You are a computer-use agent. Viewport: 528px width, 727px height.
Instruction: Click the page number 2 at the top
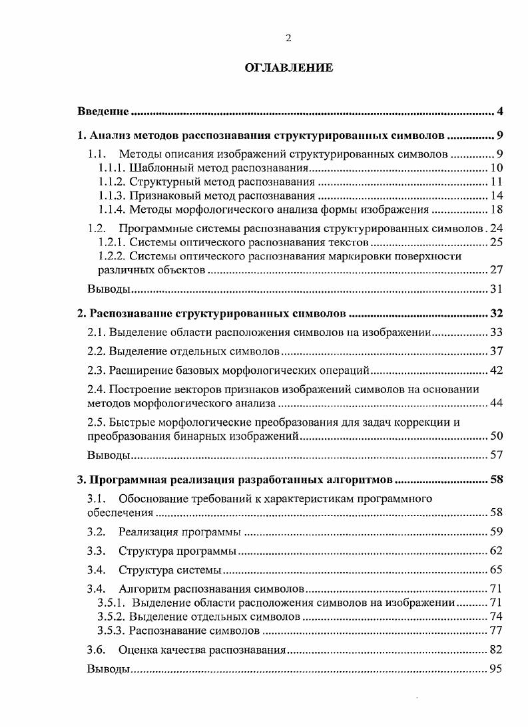pos(288,38)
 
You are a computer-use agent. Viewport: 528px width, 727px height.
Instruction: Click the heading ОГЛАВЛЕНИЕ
pos(288,68)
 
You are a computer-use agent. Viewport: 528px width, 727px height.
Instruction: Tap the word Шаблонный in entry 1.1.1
pos(157,168)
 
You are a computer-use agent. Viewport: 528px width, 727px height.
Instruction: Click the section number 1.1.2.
pos(111,182)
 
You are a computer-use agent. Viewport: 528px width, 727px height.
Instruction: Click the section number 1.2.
pos(97,228)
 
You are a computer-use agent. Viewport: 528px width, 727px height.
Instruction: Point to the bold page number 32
pos(496,313)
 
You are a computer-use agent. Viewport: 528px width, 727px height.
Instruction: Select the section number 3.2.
pos(97,531)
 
